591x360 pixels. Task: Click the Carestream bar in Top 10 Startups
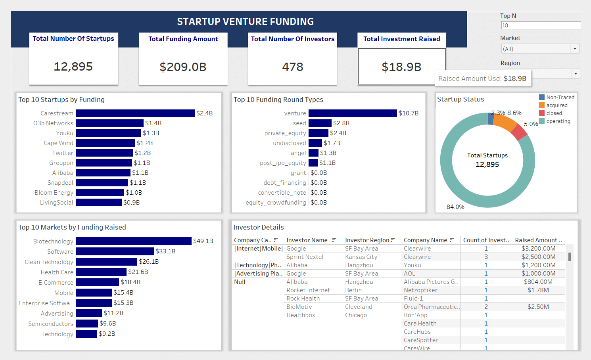pyautogui.click(x=135, y=113)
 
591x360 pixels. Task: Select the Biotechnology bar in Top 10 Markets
pyautogui.click(x=133, y=241)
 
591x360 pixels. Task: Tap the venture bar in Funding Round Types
pyautogui.click(x=352, y=113)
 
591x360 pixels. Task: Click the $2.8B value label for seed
pyautogui.click(x=341, y=123)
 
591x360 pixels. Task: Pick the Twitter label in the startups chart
pyautogui.click(x=63, y=153)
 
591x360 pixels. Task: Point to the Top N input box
pyautogui.click(x=541, y=25)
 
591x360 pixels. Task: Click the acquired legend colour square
pyautogui.click(x=542, y=105)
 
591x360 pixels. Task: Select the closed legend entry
pyautogui.click(x=554, y=113)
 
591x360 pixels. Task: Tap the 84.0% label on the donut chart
pyautogui.click(x=455, y=207)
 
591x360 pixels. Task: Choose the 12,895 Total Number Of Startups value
pyautogui.click(x=73, y=67)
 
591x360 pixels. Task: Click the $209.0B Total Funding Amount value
pyautogui.click(x=183, y=67)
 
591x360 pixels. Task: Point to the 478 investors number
pyautogui.click(x=292, y=67)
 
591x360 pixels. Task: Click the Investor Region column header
pyautogui.click(x=367, y=240)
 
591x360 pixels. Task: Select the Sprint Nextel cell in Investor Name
pyautogui.click(x=305, y=257)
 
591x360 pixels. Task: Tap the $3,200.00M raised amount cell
pyautogui.click(x=538, y=249)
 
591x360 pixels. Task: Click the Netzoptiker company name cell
pyautogui.click(x=420, y=290)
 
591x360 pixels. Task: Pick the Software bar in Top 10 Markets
pyautogui.click(x=115, y=251)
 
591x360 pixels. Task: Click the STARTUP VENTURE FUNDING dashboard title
pyautogui.click(x=245, y=22)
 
